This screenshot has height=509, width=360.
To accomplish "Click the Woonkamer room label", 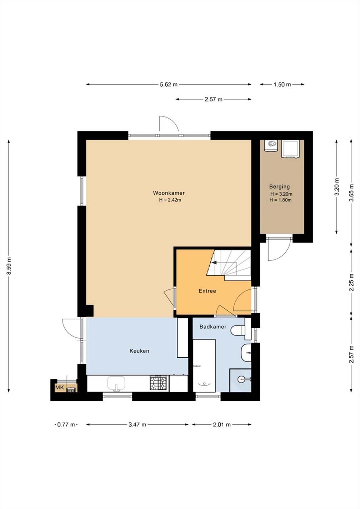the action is click(x=169, y=193).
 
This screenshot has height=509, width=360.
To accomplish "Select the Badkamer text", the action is click(x=213, y=327).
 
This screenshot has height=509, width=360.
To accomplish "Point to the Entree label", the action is click(x=207, y=291).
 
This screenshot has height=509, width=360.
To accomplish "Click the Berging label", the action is click(x=279, y=187).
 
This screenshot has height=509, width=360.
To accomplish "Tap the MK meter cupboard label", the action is click(x=60, y=388).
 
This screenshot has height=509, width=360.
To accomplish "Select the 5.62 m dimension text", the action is click(x=169, y=85).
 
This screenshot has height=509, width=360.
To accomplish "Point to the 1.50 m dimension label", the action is click(x=282, y=85).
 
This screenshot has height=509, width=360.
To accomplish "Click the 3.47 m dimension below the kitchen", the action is click(x=137, y=424).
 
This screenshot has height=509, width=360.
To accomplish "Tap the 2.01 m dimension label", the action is click(x=222, y=424).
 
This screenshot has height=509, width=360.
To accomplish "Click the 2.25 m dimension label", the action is click(x=351, y=282).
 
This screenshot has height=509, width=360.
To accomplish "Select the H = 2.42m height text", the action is click(x=170, y=200).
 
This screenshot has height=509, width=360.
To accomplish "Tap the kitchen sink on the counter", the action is click(x=116, y=383).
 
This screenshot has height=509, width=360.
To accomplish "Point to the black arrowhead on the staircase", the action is click(x=214, y=263).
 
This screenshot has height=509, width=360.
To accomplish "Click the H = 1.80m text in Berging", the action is click(x=280, y=200).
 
